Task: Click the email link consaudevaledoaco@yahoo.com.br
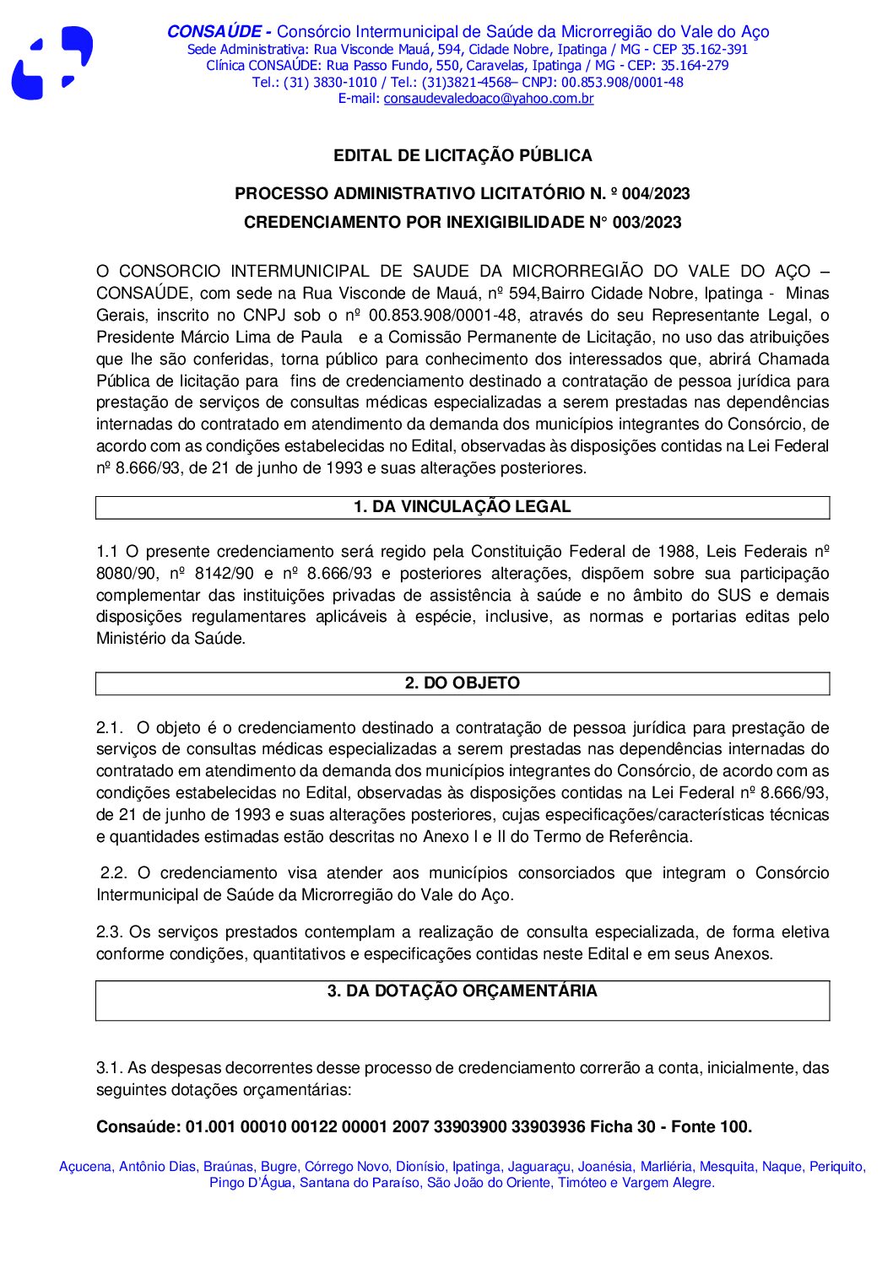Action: click(x=488, y=99)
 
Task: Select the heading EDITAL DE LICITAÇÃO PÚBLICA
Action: click(x=463, y=155)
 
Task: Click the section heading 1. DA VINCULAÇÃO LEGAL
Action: click(x=462, y=507)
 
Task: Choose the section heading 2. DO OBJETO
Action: click(x=462, y=683)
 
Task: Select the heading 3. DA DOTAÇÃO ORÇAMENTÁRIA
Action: click(x=462, y=991)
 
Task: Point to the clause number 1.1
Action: click(x=106, y=552)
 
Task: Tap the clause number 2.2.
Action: click(x=114, y=873)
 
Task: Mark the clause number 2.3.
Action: click(x=109, y=932)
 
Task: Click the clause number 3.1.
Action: click(x=109, y=1068)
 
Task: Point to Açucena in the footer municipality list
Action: click(x=85, y=1167)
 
